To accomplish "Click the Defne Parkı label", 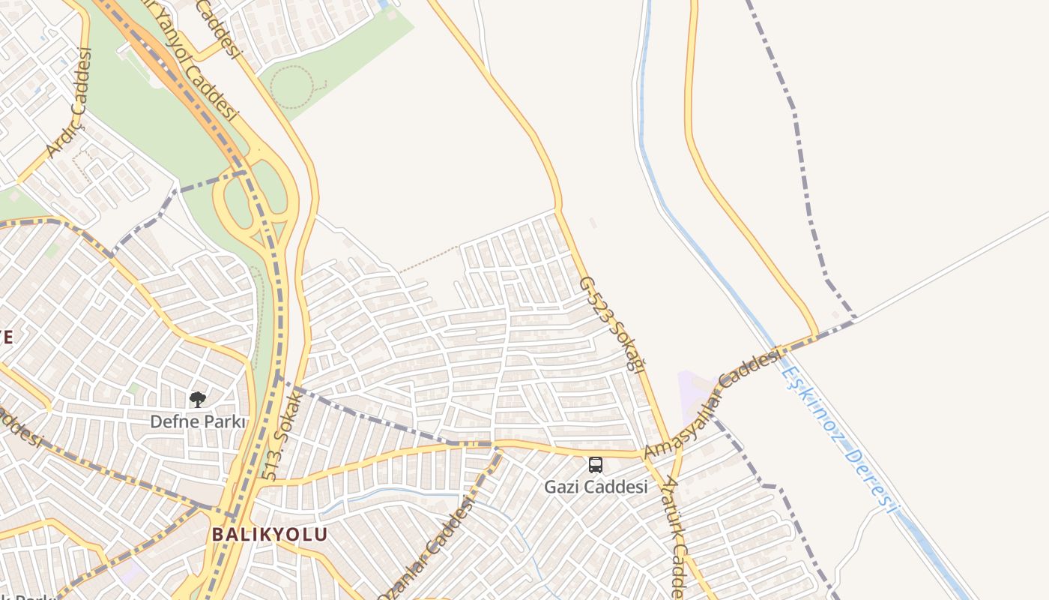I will (198, 421).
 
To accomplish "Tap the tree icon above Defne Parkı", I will (198, 400).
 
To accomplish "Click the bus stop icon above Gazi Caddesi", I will (596, 465).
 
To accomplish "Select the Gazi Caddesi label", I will (596, 487).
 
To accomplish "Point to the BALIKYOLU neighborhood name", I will (270, 535).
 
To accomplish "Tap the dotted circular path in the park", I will (291, 86).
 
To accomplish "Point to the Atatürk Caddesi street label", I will (677, 540).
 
